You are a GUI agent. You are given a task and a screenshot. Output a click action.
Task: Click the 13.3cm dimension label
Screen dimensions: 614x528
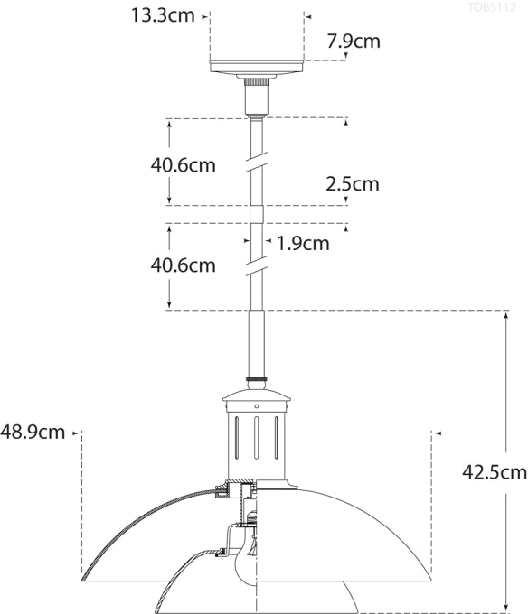click(x=163, y=14)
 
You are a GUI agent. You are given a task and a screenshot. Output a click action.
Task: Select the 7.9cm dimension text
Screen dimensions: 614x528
click(x=354, y=41)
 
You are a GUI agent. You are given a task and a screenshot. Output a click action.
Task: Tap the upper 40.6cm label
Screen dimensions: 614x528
click(x=184, y=164)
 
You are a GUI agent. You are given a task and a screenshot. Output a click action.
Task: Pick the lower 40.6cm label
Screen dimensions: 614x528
click(x=184, y=265)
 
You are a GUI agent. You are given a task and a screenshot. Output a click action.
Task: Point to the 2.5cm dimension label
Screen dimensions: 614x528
click(x=353, y=184)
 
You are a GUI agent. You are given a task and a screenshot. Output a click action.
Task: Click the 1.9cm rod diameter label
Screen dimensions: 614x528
click(x=303, y=242)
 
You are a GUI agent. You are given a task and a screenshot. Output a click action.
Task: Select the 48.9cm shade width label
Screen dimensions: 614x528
click(x=33, y=432)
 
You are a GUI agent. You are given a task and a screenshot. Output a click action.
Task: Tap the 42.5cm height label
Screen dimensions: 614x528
click(x=495, y=471)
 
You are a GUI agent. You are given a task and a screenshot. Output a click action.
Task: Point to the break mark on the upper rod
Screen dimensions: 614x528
click(x=257, y=162)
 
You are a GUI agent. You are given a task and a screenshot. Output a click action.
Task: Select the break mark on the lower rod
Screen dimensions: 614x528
click(x=257, y=263)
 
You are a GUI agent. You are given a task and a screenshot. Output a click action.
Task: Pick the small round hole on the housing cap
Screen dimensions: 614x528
click(x=257, y=406)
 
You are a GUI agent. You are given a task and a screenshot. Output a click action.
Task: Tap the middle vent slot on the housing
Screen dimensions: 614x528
click(x=257, y=437)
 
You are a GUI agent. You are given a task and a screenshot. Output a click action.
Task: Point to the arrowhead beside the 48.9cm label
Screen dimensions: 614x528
click(x=75, y=433)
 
